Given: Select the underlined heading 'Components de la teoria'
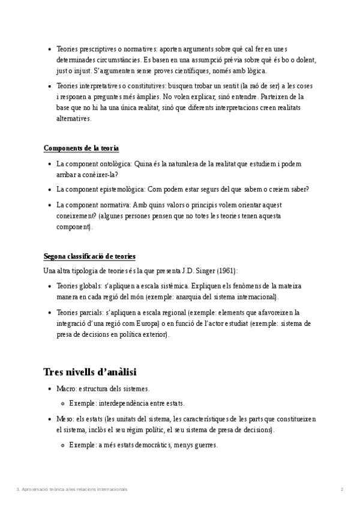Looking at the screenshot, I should pyautogui.click(x=81, y=148).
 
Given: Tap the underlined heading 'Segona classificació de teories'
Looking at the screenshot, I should pyautogui.click(x=89, y=256).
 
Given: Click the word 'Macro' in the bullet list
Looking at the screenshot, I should pyautogui.click(x=66, y=389).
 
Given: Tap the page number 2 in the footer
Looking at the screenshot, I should pyautogui.click(x=341, y=490).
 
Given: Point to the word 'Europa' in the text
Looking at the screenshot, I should pyautogui.click(x=142, y=324).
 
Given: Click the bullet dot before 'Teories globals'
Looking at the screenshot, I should pyautogui.click(x=49, y=286).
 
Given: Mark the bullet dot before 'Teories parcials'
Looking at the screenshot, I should pyautogui.click(x=49, y=313).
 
